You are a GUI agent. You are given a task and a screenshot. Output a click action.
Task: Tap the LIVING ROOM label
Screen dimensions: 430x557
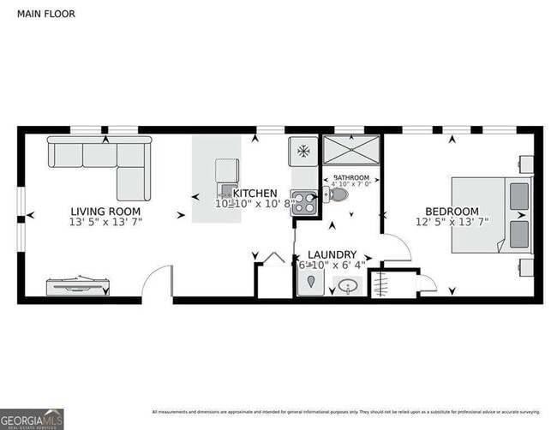(x=105, y=211)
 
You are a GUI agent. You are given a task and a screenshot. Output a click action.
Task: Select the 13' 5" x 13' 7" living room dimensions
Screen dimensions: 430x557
(x=105, y=222)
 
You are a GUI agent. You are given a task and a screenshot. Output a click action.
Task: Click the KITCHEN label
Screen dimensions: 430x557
(x=255, y=193)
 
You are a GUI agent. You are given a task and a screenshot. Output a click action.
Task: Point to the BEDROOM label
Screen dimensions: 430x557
(x=452, y=212)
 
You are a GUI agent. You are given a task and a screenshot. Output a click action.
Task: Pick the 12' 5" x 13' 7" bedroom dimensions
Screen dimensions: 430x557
(x=452, y=222)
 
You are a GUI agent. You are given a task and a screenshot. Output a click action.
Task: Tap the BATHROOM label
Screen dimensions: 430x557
(x=351, y=176)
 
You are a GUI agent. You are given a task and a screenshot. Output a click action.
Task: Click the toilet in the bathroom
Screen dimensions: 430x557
(x=338, y=195)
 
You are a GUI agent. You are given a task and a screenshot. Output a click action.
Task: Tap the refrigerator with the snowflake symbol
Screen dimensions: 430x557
(x=302, y=152)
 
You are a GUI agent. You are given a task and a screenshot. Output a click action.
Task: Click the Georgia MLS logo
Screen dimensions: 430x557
(x=32, y=418)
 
